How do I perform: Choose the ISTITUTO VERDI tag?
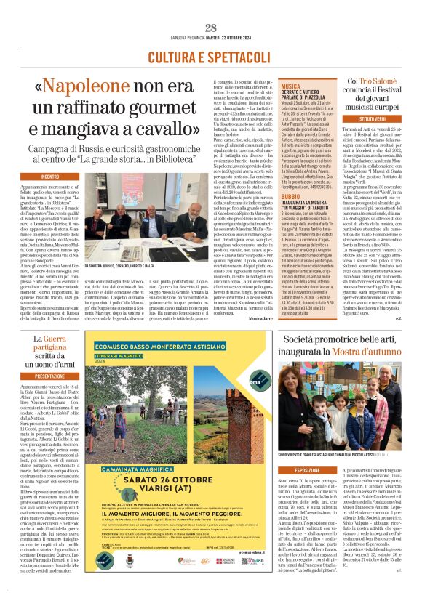click(x=371, y=118)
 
